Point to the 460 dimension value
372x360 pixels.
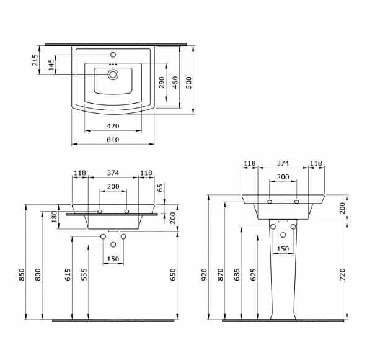pyautogui.click(x=175, y=83)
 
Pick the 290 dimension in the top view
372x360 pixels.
pyautogui.click(x=162, y=83)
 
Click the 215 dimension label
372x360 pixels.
pyautogui.click(x=35, y=60)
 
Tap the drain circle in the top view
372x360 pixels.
pyautogui.click(x=113, y=74)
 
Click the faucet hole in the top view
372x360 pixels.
pyautogui.click(x=113, y=55)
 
